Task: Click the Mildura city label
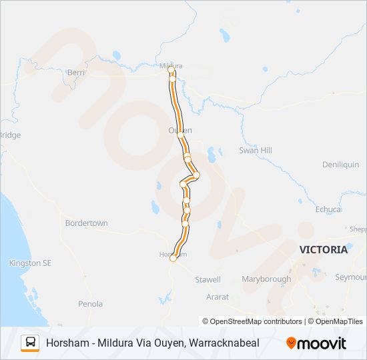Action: point(171,65)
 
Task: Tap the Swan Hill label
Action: point(256,151)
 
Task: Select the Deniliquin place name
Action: point(340,165)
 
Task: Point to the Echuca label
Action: point(328,209)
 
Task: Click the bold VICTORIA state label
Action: point(324,250)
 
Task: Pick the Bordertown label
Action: point(86,223)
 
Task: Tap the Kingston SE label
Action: point(30,263)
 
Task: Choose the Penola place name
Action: point(90,304)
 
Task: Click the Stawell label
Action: point(208,279)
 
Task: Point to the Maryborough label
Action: point(266,279)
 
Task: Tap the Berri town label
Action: point(75,71)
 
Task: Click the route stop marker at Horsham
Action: point(173,258)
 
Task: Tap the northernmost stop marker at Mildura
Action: point(171,69)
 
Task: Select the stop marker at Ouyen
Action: point(181,135)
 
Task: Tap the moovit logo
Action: point(316,343)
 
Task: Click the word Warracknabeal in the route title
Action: point(224,343)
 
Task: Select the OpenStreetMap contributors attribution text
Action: point(252,321)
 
